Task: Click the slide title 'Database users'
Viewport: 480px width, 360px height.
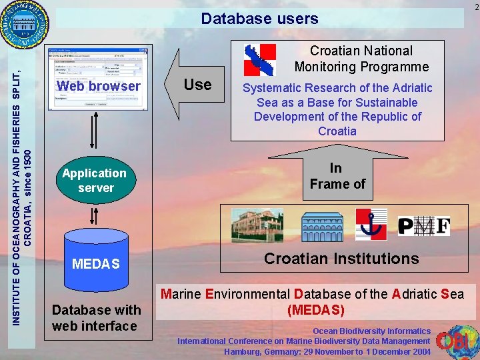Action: [259, 19]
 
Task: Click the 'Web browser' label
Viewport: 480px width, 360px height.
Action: [99, 86]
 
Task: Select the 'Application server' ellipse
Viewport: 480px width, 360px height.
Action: [95, 181]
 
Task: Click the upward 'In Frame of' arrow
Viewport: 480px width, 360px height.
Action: [337, 175]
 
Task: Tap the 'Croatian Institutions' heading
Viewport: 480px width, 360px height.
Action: [341, 259]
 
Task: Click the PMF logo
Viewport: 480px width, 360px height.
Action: [424, 227]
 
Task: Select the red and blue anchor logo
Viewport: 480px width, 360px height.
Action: [371, 225]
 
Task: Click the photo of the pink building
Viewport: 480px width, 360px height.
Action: [257, 225]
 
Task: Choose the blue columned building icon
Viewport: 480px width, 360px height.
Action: [322, 227]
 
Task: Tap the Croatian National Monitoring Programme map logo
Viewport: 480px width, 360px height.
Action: [260, 59]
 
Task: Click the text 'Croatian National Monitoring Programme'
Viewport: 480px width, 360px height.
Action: [361, 59]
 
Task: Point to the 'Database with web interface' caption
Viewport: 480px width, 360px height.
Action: [96, 317]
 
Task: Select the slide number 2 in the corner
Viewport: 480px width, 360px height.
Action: [475, 7]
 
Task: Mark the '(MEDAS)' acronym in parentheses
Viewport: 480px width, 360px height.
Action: [315, 310]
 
